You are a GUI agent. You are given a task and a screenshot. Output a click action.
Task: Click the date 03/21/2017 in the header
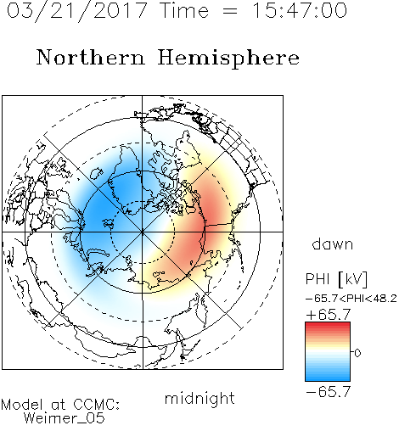(77, 11)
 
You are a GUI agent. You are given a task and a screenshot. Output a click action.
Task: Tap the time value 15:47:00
(299, 10)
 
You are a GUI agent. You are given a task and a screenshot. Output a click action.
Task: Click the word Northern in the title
(91, 57)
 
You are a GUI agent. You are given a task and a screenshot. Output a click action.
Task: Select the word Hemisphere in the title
(228, 59)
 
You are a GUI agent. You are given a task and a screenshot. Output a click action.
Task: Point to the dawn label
(333, 243)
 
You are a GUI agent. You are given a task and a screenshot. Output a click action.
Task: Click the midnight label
(199, 398)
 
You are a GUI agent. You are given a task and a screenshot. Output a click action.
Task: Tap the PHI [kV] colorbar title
(336, 279)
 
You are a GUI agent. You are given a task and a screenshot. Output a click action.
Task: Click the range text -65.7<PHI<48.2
(351, 299)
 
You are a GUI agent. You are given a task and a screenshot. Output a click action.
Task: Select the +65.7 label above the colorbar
(329, 315)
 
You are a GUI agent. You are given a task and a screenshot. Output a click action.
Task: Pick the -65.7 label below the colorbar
(329, 392)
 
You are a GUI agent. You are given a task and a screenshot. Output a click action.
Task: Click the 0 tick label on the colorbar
(357, 353)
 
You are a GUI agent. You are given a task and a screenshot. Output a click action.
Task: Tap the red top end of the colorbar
(328, 324)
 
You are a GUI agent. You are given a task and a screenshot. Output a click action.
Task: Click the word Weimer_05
(65, 417)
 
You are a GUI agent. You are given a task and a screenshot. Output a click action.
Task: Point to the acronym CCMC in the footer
(97, 405)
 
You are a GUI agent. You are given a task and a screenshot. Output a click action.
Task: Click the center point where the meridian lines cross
(143, 232)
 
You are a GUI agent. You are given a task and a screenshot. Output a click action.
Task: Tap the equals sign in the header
(230, 11)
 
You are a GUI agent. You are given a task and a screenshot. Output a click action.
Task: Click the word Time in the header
(184, 10)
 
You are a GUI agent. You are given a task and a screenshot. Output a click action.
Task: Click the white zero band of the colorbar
(328, 352)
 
